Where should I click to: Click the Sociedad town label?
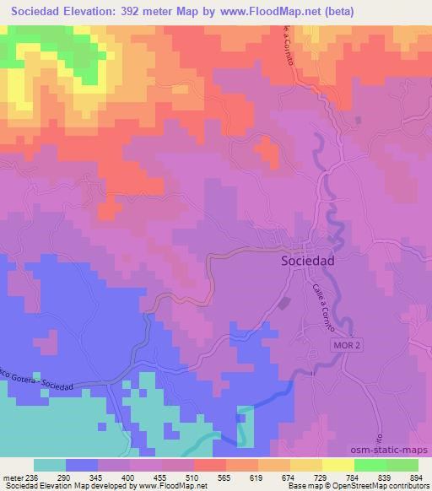click(x=306, y=262)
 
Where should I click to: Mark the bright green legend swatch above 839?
click(x=370, y=465)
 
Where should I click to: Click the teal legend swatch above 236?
click(x=50, y=465)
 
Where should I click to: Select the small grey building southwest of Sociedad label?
click(x=284, y=302)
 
